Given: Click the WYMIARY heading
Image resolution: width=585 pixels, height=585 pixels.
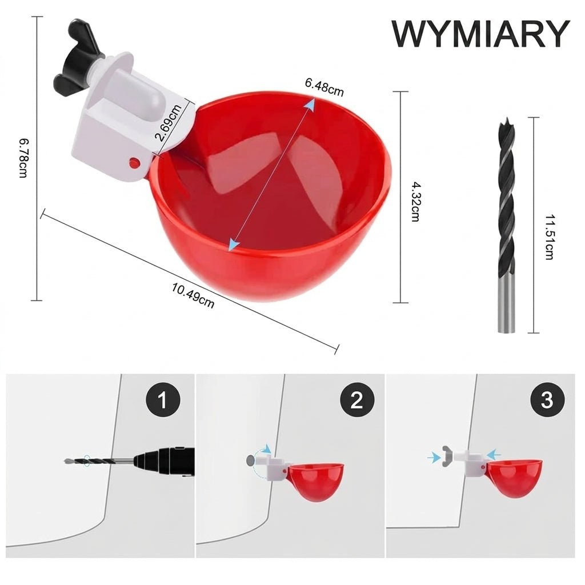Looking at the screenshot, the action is pos(480,34).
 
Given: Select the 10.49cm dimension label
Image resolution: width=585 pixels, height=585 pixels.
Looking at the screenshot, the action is pos(193,296).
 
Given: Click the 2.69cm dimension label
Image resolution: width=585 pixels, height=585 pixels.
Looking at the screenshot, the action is pos(168,123).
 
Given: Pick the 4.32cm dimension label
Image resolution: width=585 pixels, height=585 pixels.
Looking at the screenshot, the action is pos(415,202).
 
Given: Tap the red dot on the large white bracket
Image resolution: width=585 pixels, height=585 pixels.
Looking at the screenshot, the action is pos(134,162).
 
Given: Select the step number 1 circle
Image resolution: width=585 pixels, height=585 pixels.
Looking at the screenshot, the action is pos(163,400).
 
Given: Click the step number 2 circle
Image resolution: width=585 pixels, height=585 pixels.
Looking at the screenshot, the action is pos(357,400).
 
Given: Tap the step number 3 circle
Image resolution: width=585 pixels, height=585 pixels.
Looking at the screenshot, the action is pos(547,400).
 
